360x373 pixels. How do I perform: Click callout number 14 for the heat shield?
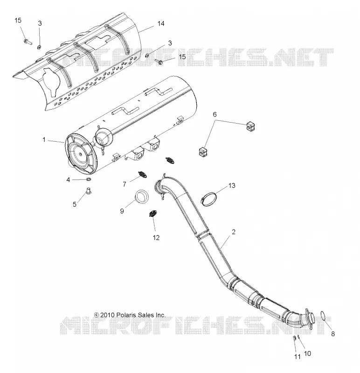point(161,24)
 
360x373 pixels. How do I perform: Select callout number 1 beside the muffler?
point(44,139)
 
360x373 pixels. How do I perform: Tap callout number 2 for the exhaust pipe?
point(234,232)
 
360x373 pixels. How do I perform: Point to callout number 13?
point(232,185)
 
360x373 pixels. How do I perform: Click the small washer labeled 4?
point(89,179)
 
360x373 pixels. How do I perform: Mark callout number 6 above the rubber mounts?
point(215,114)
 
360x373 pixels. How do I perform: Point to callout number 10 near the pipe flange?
point(307,353)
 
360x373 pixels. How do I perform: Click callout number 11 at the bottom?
point(297,357)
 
